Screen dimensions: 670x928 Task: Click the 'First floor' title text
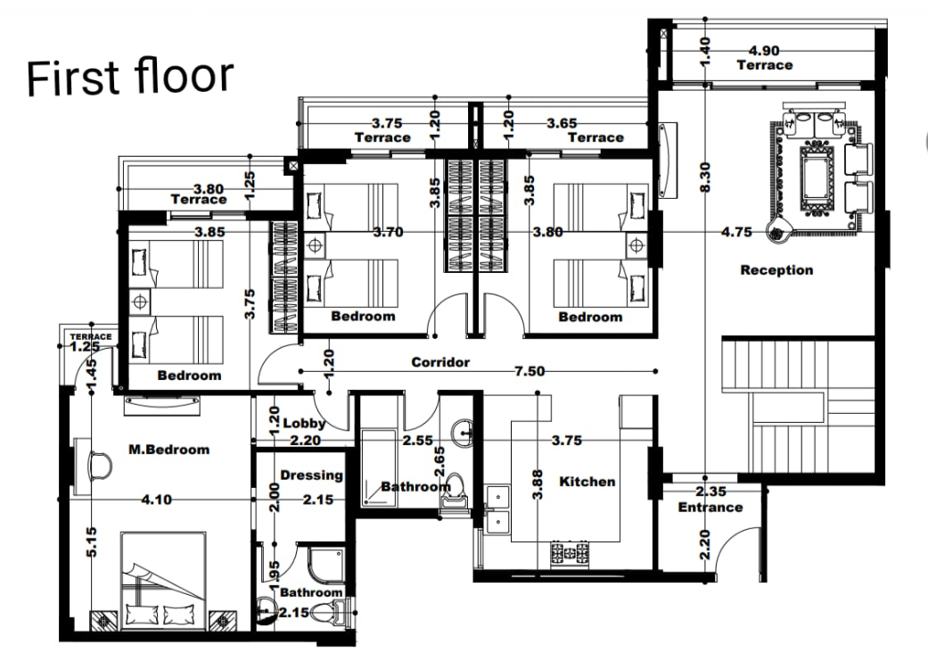130,77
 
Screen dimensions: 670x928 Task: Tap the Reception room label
776,270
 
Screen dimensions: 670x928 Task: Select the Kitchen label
587,482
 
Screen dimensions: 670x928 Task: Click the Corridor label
440,362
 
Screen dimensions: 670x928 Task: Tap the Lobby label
298,424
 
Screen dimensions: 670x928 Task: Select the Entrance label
710,508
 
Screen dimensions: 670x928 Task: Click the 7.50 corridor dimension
528,372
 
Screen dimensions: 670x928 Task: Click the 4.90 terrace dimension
765,51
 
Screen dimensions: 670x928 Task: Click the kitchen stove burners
570,552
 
